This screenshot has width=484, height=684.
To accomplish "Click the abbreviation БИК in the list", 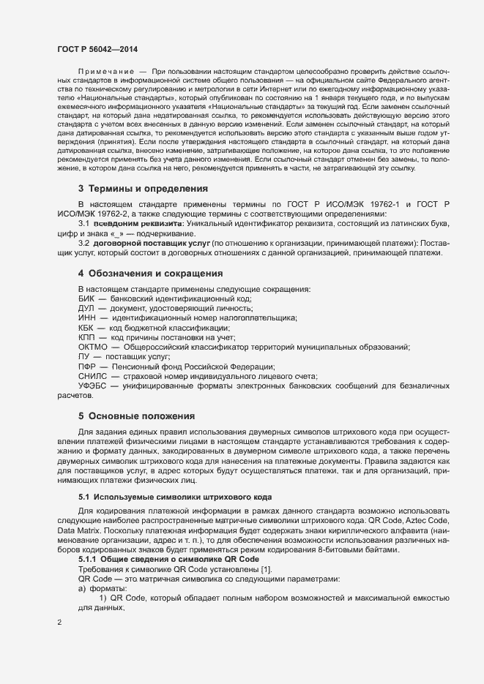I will pyautogui.click(x=87, y=299).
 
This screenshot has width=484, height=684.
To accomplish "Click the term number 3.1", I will pyautogui.click(x=84, y=222).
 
